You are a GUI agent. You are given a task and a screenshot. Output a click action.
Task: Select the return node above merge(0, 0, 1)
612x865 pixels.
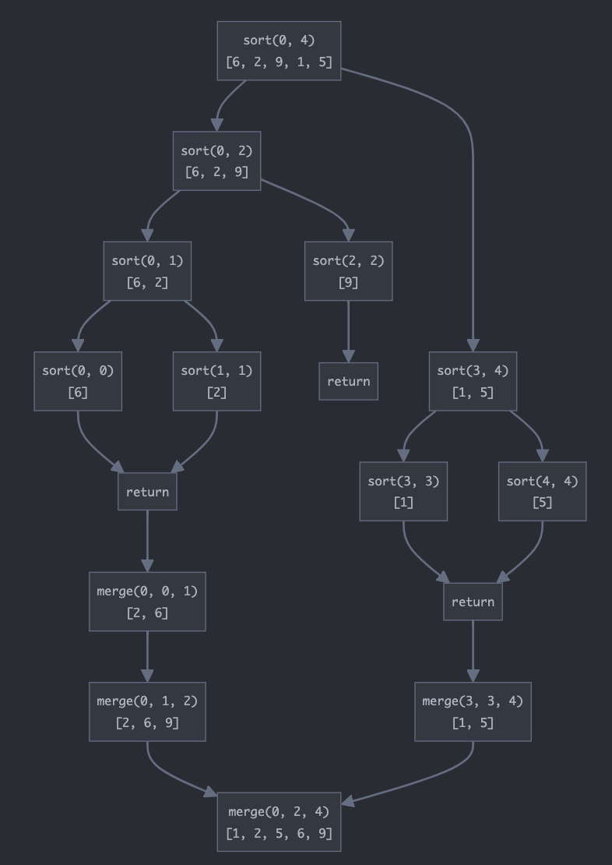(x=147, y=492)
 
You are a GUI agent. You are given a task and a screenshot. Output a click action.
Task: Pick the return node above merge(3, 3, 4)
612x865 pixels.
(x=473, y=602)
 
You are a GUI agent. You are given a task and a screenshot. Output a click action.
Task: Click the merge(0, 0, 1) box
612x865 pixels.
(x=147, y=602)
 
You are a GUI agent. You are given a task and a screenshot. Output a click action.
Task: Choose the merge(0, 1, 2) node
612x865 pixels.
(x=147, y=711)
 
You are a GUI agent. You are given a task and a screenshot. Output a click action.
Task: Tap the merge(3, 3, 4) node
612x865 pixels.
(x=473, y=711)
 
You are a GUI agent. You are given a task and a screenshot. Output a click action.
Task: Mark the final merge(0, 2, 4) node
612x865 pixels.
(x=279, y=822)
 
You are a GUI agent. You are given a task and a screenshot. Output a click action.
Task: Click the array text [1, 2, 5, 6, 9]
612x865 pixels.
(x=279, y=833)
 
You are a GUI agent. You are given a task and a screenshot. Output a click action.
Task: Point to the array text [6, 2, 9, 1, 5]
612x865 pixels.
(x=279, y=62)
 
